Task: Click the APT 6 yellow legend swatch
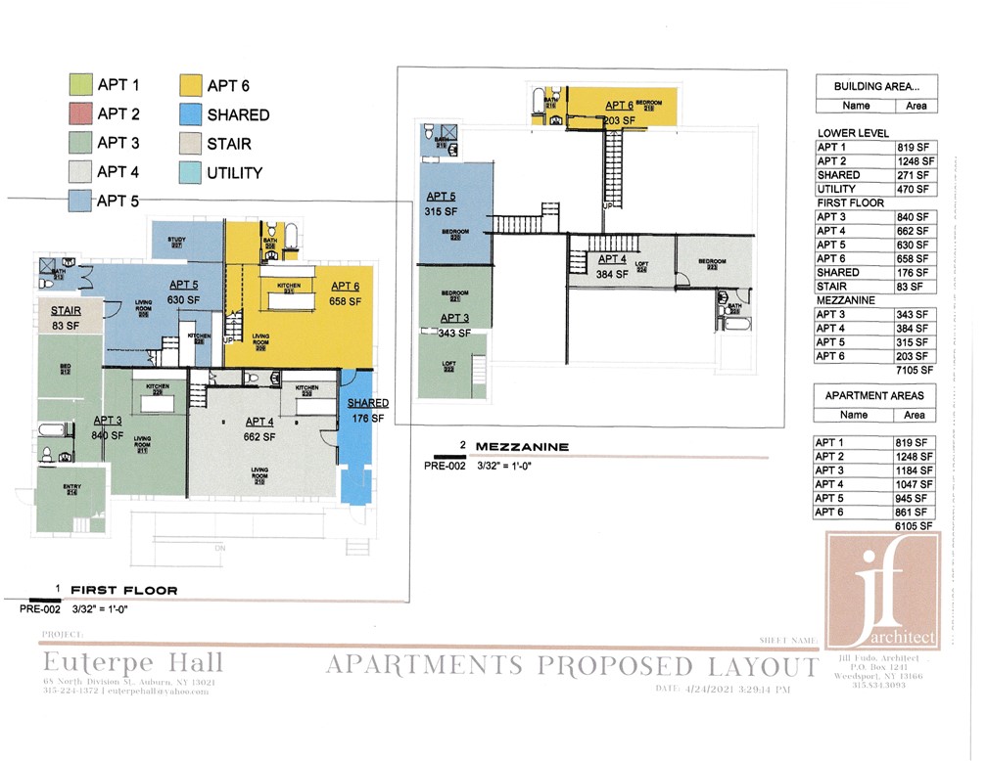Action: point(190,85)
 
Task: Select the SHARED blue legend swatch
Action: point(190,114)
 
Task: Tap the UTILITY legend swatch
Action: point(190,173)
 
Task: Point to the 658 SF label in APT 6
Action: point(346,301)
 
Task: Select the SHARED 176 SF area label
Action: point(367,411)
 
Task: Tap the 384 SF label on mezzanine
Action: point(612,275)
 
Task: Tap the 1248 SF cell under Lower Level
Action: point(915,160)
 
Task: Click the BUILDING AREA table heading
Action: point(875,86)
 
